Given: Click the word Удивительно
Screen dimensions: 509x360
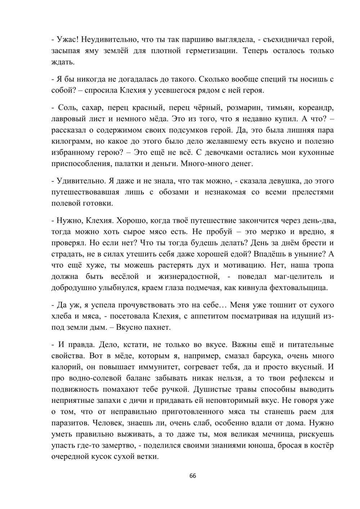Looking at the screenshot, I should click(x=78, y=181).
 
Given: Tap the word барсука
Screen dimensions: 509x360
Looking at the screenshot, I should click(x=256, y=356).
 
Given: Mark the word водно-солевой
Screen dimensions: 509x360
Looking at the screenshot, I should click(x=87, y=378).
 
